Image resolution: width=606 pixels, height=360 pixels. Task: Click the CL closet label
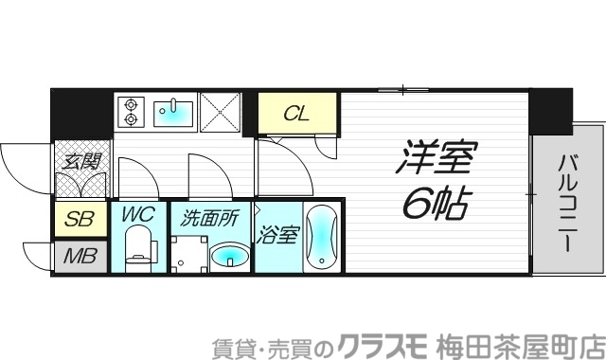pyautogui.click(x=297, y=115)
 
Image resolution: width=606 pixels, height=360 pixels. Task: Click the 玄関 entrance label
pyautogui.click(x=81, y=161)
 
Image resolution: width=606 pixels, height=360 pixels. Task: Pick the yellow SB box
pyautogui.click(x=79, y=221)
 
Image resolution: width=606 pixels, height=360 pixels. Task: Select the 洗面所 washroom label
pyautogui.click(x=209, y=217)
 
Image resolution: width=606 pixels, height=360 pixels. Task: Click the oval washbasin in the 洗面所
pyautogui.click(x=228, y=255)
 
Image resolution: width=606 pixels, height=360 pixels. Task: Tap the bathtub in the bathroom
pyautogui.click(x=322, y=238)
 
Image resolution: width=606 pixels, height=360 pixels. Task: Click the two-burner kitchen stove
pyautogui.click(x=130, y=113)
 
